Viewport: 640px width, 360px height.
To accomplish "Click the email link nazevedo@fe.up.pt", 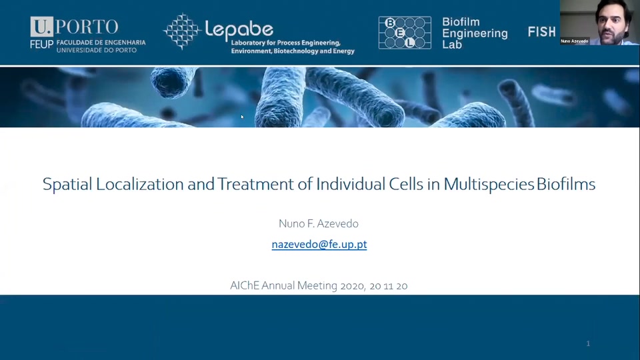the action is (319, 244).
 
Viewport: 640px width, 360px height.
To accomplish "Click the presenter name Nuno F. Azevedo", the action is (319, 224).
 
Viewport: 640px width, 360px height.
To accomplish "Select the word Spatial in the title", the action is (67, 185).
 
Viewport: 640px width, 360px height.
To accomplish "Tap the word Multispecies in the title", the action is (489, 185).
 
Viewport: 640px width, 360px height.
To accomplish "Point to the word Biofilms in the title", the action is (566, 184).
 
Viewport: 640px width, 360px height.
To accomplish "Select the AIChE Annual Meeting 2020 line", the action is (319, 285).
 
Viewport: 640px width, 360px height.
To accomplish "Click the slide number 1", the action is (588, 344).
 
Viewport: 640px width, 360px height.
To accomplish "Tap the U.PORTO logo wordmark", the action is (74, 27).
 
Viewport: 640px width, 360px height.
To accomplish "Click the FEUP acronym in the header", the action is (41, 44).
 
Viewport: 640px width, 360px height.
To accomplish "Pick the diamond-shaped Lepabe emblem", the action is (182, 31).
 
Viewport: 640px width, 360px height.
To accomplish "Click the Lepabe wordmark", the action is (239, 29).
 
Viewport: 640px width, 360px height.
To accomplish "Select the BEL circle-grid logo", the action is (405, 33).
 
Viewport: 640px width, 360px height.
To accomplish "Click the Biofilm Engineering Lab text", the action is (475, 33).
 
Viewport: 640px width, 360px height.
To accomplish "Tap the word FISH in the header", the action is (541, 32).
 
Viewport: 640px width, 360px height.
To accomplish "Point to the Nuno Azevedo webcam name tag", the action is (575, 41).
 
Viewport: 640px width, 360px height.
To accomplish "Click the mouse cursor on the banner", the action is (242, 117).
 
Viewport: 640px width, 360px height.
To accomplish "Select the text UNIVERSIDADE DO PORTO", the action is (96, 50).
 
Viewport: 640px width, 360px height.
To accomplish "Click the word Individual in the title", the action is (350, 184).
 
